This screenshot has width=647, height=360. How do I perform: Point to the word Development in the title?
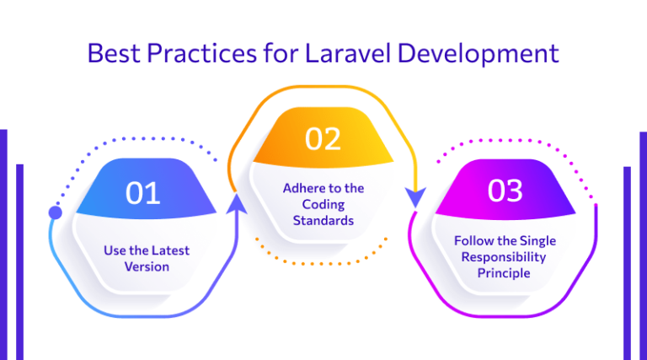(479, 53)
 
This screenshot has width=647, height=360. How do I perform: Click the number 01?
(143, 193)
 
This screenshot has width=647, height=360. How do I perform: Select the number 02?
(323, 138)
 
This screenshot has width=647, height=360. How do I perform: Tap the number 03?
(505, 191)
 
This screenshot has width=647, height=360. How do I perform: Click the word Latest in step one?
(171, 250)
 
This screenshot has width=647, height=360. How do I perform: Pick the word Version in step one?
(148, 266)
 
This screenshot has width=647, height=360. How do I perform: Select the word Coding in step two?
(323, 204)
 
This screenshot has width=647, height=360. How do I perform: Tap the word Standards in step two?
(323, 220)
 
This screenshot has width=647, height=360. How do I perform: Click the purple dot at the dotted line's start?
(56, 212)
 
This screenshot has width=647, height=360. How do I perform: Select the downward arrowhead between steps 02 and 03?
(414, 199)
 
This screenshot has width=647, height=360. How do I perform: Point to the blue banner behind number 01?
(101, 194)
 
